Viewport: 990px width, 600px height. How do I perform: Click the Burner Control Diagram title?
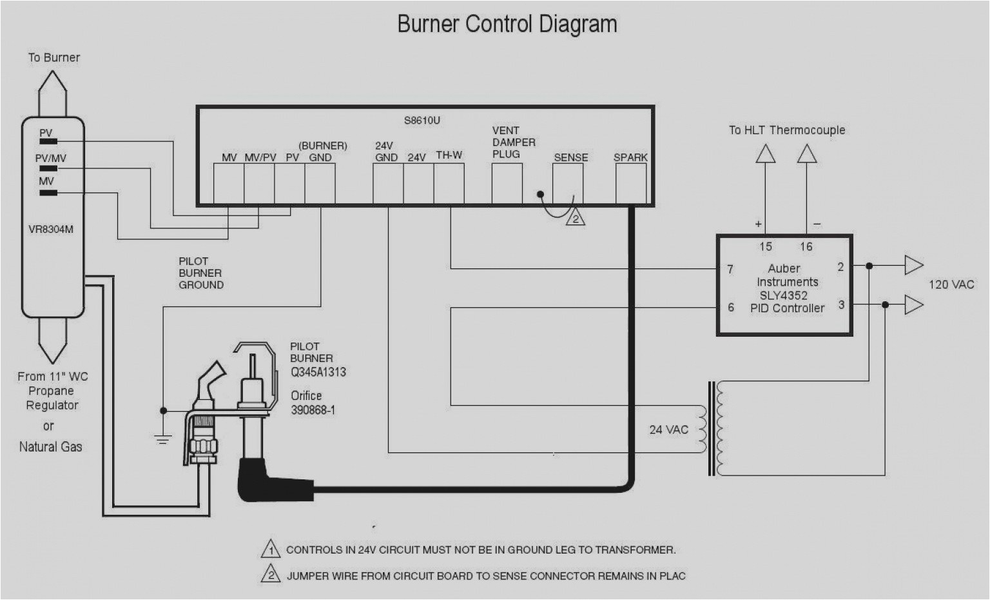[507, 25]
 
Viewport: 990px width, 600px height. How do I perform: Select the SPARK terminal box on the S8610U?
[630, 183]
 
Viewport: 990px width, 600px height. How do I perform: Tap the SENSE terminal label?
[570, 157]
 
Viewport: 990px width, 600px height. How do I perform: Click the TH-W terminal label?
[449, 155]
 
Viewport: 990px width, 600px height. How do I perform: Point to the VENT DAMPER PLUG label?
[514, 143]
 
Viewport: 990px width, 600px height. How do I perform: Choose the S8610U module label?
[422, 121]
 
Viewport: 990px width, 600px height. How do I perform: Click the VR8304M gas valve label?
[51, 229]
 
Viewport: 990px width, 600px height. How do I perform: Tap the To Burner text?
[53, 57]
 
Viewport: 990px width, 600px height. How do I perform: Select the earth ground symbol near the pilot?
[163, 439]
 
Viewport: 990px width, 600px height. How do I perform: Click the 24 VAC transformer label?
[668, 430]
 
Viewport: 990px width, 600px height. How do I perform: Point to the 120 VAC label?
[951, 285]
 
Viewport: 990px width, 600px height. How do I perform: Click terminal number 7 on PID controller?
[730, 269]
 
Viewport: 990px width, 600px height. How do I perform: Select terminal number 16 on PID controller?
[806, 246]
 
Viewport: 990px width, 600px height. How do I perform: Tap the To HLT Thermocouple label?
[786, 130]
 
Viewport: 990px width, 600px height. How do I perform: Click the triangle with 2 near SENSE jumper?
[575, 219]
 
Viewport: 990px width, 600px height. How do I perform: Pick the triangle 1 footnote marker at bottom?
[270, 550]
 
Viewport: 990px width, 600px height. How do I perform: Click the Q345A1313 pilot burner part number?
[318, 372]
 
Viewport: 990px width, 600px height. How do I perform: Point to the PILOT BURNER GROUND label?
[201, 273]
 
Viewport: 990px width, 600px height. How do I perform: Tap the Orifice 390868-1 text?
[313, 403]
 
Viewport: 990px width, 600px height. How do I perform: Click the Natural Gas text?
[50, 446]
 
